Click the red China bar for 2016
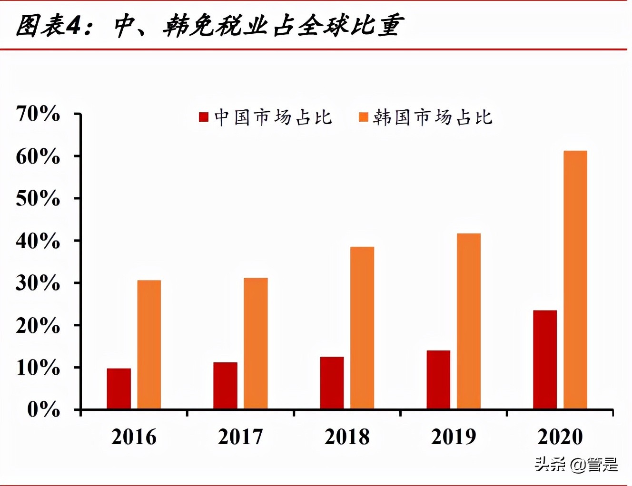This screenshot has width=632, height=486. pos(118,389)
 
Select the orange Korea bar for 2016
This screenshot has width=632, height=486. pos(149,344)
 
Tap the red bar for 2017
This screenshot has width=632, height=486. pos(225,386)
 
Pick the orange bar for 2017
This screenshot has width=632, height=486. pos(256,343)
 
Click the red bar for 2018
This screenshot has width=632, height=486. pos(332,383)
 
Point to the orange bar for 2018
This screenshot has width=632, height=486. pos(362,328)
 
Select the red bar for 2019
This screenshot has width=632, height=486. pos(438,379)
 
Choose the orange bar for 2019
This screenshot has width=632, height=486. pos(469,321)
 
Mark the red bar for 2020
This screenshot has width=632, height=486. pos(545,360)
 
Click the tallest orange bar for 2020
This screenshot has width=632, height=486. pos(575,280)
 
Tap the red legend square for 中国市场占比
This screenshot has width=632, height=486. pos(204,117)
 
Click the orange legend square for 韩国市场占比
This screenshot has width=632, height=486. pos(364,117)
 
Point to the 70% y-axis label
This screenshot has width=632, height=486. pos(38,114)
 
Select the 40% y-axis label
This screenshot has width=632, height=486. pos(38,241)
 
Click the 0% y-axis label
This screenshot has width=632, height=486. pos(44,409)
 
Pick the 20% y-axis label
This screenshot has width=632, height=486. pos(38,326)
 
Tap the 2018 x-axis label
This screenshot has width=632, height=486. pos(347,437)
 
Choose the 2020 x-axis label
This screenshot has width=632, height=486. pos(560,437)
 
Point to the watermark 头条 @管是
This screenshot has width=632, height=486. pos(576,464)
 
